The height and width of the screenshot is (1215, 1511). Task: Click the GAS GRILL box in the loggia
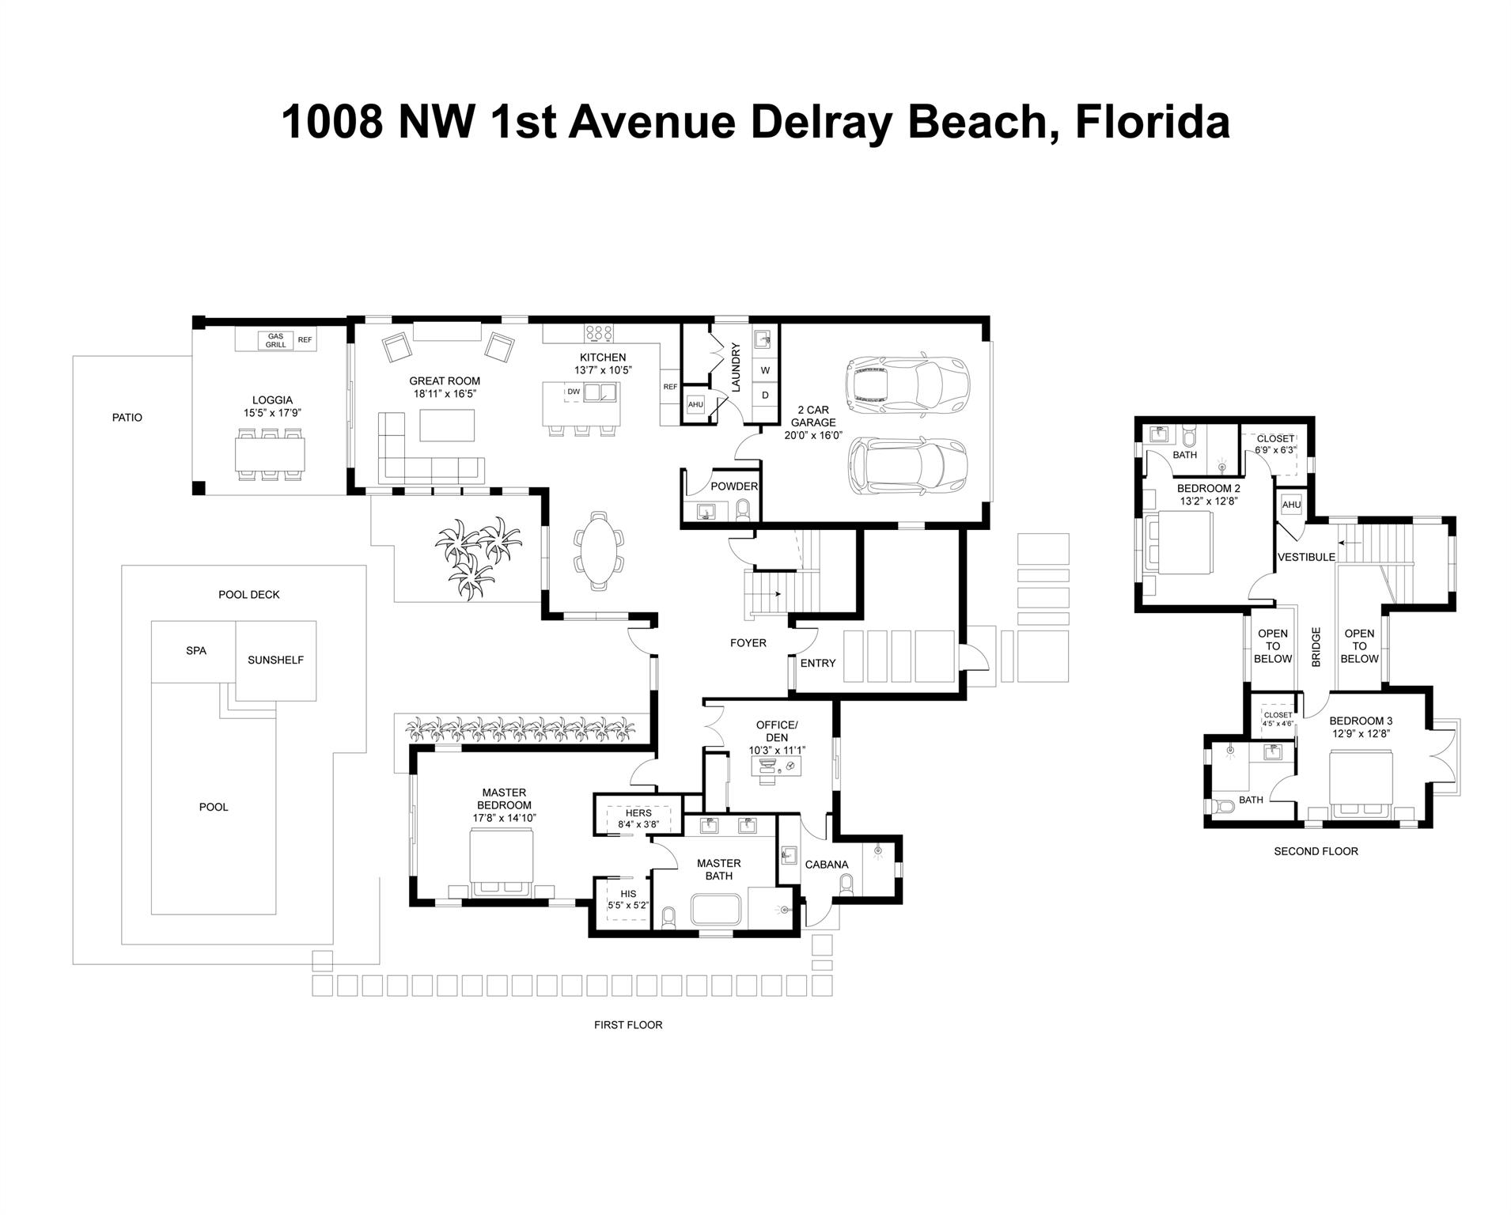(275, 341)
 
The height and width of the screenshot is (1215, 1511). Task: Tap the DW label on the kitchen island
(574, 392)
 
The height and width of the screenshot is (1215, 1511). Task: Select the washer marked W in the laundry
(765, 370)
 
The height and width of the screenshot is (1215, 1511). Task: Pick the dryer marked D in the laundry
(765, 395)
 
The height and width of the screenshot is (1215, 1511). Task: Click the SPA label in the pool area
(196, 651)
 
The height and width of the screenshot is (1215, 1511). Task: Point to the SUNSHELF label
(275, 660)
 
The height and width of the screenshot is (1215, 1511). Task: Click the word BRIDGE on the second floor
(1316, 647)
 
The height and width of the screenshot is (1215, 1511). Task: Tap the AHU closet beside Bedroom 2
(1291, 505)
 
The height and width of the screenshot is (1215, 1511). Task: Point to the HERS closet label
(638, 812)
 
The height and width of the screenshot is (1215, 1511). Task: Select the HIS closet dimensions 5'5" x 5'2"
(628, 905)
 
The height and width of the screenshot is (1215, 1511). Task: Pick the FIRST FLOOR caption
(628, 1024)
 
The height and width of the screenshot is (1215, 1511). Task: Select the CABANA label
(827, 865)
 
